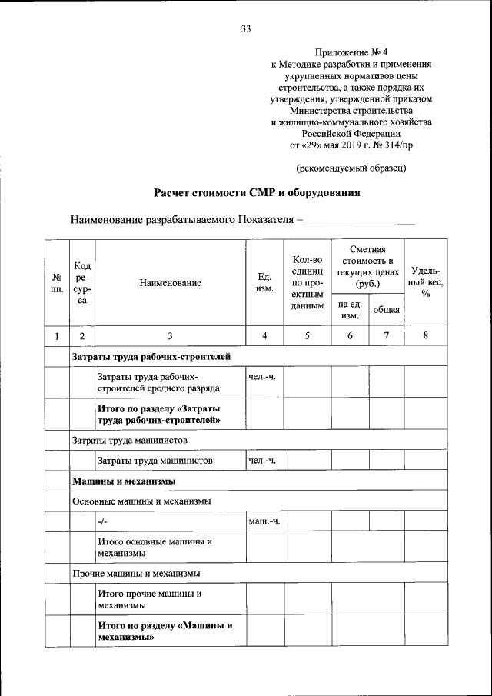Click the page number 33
click(x=246, y=29)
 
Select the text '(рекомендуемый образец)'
click(x=351, y=167)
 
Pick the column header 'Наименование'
click(x=170, y=282)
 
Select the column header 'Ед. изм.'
click(x=264, y=282)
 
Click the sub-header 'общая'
click(x=386, y=309)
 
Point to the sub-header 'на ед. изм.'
click(x=351, y=309)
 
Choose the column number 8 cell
click(x=425, y=335)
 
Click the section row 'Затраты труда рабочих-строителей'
click(x=151, y=357)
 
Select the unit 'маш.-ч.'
click(x=264, y=522)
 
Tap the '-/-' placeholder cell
click(x=102, y=522)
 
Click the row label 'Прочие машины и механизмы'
click(x=137, y=574)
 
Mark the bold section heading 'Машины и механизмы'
click(x=125, y=481)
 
